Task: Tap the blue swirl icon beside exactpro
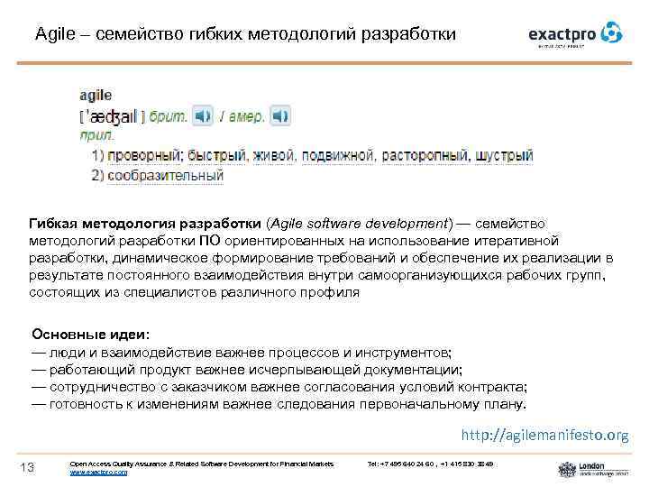[x=612, y=32]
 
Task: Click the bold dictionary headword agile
[x=96, y=95]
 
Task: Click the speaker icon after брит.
[x=205, y=116]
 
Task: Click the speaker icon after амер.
[x=281, y=116]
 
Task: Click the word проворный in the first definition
[x=146, y=155]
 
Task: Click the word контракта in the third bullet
[x=494, y=387]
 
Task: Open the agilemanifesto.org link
[x=544, y=436]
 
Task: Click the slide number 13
[x=27, y=466]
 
